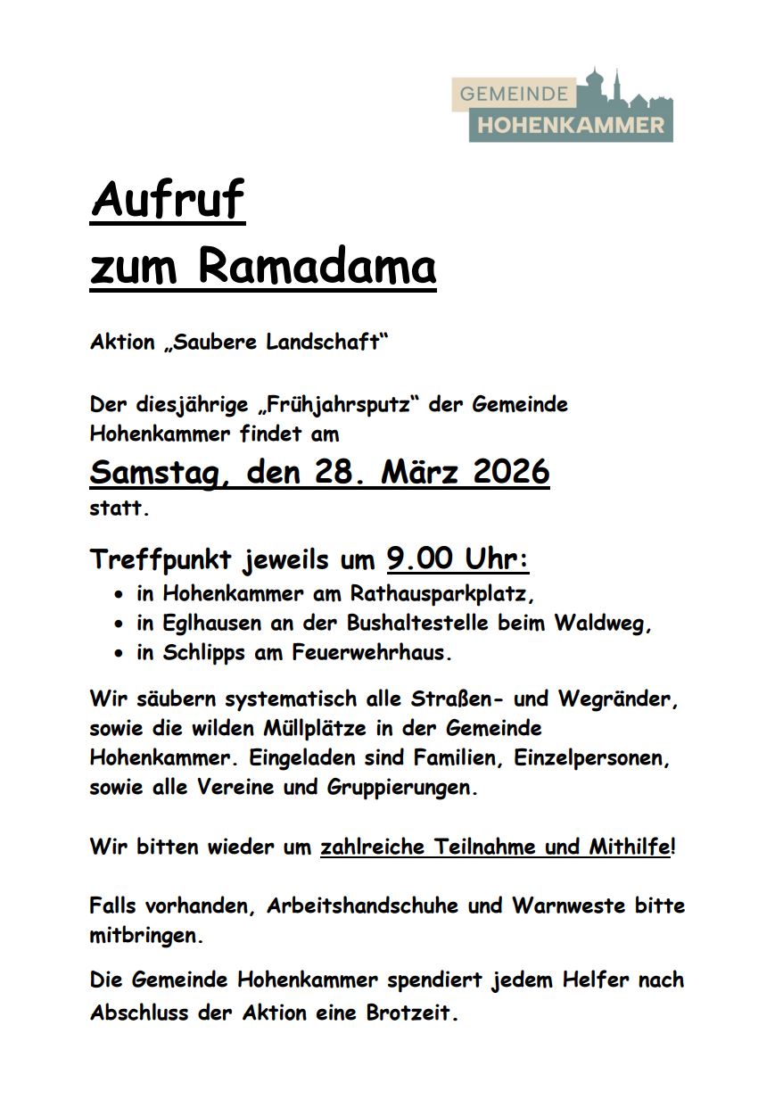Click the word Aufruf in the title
tap(167, 201)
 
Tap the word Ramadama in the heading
tap(317, 267)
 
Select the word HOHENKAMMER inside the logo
tap(571, 126)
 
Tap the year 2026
tap(511, 472)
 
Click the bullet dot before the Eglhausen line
tap(119, 624)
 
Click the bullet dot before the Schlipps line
tap(119, 653)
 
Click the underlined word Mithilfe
tap(628, 847)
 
